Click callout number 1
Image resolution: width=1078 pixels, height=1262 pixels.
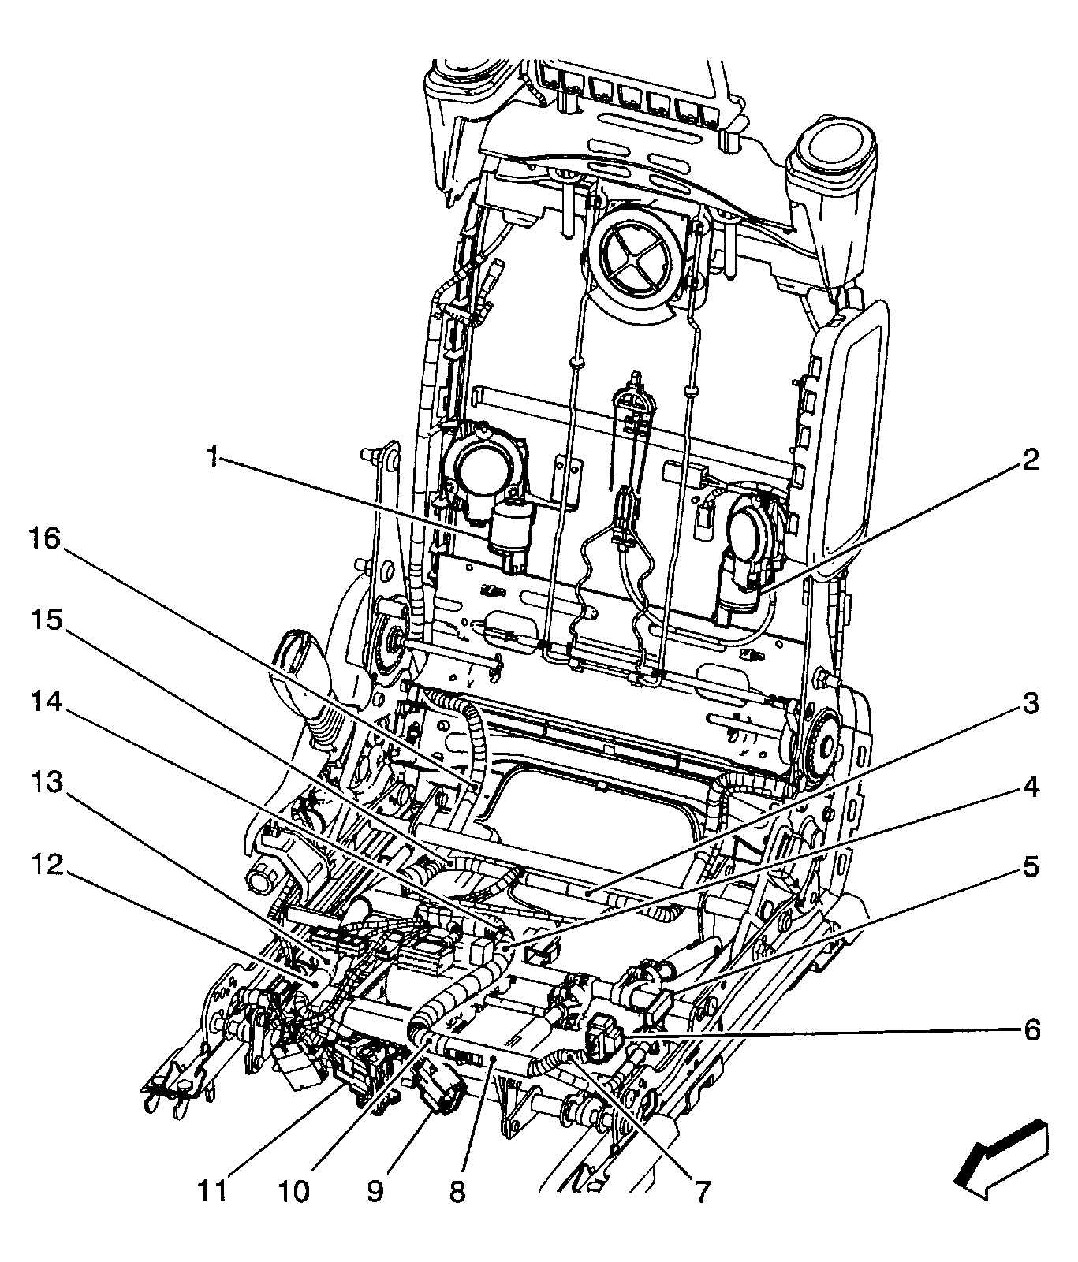[x=212, y=456]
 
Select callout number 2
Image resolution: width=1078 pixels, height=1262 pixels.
[x=1031, y=461]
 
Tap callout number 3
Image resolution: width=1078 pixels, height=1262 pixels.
[x=1031, y=704]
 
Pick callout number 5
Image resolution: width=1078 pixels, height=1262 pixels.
[x=1031, y=868]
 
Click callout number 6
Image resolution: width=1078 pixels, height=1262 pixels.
[x=1031, y=1029]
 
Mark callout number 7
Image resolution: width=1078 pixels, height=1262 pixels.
[x=699, y=1190]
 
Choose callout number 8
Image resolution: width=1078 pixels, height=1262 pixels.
[x=458, y=1190]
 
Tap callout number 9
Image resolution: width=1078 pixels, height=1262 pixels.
[x=375, y=1190]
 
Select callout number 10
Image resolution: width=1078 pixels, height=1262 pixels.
[x=293, y=1190]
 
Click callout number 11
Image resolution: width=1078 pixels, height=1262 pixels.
[x=212, y=1190]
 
